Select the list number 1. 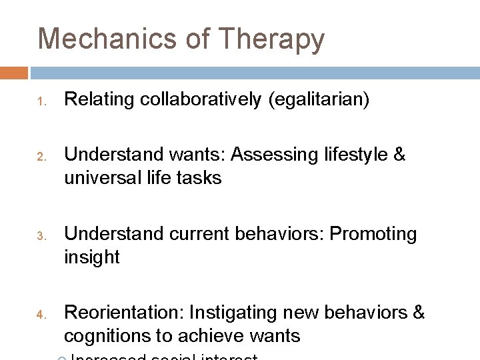40,103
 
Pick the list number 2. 40,157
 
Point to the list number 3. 40,236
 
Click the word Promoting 374,235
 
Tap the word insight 92,258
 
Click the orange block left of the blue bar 14,73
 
